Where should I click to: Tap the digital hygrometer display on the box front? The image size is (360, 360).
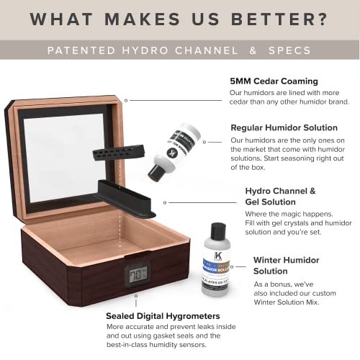[138, 274]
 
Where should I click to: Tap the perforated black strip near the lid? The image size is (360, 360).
[118, 153]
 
